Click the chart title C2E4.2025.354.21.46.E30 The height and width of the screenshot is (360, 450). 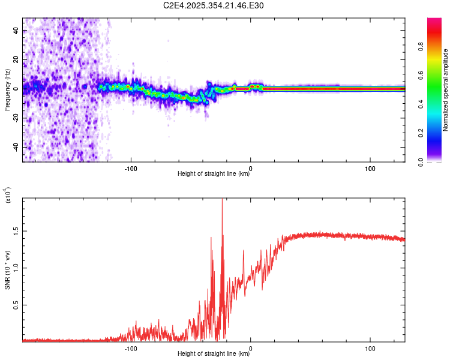pos(214,5)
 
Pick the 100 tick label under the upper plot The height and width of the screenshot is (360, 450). pos(370,168)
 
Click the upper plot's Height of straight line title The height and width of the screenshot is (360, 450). pos(214,174)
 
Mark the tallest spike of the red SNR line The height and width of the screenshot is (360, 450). pos(222,200)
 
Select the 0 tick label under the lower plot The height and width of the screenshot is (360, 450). pos(250,348)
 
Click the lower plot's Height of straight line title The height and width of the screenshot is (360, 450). pos(214,354)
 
